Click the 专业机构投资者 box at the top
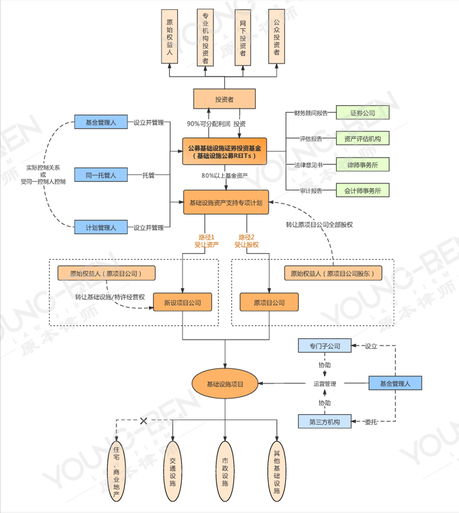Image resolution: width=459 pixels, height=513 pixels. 206,37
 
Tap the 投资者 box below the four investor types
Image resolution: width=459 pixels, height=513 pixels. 224,99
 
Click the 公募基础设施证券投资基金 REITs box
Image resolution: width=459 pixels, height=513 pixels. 225,152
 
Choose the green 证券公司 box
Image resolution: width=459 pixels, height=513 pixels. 362,113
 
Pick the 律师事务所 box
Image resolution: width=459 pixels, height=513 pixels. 362,164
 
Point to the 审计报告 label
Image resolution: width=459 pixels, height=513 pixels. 311,190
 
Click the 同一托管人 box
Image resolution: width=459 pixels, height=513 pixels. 101,175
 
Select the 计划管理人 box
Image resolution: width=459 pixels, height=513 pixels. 101,228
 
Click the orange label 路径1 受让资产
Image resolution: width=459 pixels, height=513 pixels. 206,241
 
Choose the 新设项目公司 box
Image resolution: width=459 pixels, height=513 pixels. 182,302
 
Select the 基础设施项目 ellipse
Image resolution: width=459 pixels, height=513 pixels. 225,384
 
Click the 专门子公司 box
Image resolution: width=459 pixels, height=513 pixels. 324,345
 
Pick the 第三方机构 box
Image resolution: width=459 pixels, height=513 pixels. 324,422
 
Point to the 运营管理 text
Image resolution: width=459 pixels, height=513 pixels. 324,384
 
